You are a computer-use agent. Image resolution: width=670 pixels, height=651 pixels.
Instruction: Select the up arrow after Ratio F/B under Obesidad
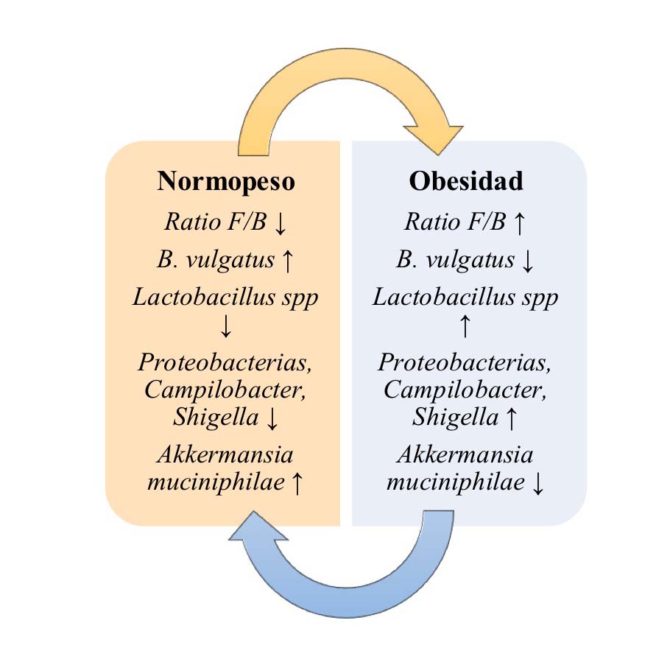coord(518,223)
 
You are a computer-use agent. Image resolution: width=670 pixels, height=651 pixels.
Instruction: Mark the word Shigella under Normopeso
coord(216,418)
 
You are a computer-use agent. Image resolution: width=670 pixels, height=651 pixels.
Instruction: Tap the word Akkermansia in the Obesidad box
coord(466,455)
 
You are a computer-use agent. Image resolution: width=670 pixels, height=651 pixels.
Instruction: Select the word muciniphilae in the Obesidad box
coord(454,483)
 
